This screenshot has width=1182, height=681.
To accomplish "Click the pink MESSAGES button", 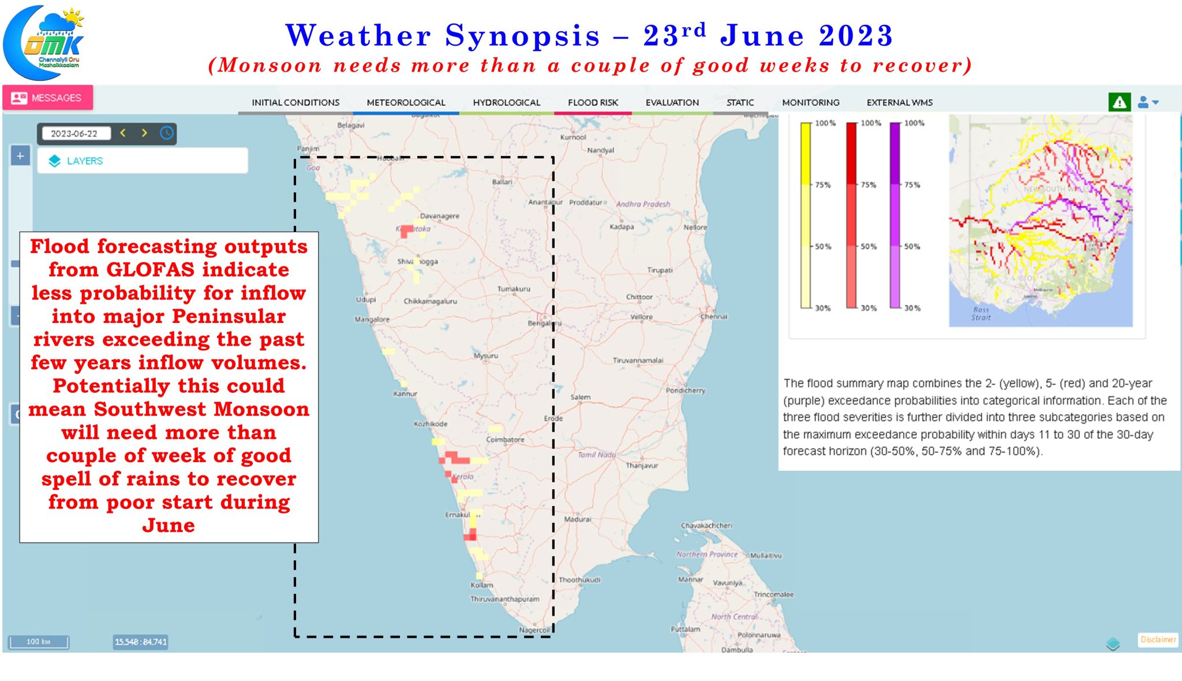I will coord(47,98).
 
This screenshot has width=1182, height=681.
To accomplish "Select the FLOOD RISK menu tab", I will coord(593,102).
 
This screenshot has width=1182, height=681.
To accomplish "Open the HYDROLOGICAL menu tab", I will coord(506,102).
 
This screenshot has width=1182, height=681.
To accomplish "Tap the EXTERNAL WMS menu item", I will coord(899,102).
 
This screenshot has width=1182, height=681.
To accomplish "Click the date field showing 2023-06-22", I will coord(74,133).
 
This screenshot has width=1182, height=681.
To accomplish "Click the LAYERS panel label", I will coord(84,161).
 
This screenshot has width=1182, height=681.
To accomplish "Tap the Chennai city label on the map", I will coord(714,317).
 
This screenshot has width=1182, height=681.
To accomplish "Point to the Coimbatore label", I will coord(505,440).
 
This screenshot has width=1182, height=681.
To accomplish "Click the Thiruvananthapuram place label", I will coord(504,599).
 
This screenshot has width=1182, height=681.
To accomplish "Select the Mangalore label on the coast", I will coord(372,319).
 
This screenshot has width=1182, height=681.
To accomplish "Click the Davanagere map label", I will coord(440,216).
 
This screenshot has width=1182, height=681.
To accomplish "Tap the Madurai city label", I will coord(577,519).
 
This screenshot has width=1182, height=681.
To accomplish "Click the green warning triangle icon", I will coord(1119,102).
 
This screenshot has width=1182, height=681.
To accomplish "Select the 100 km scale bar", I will coord(38,642).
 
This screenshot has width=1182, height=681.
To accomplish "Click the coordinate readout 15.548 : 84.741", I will coord(140,642).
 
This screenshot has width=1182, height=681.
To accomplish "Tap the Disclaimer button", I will coord(1157,639).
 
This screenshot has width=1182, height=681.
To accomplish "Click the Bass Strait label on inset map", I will coord(981,314).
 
